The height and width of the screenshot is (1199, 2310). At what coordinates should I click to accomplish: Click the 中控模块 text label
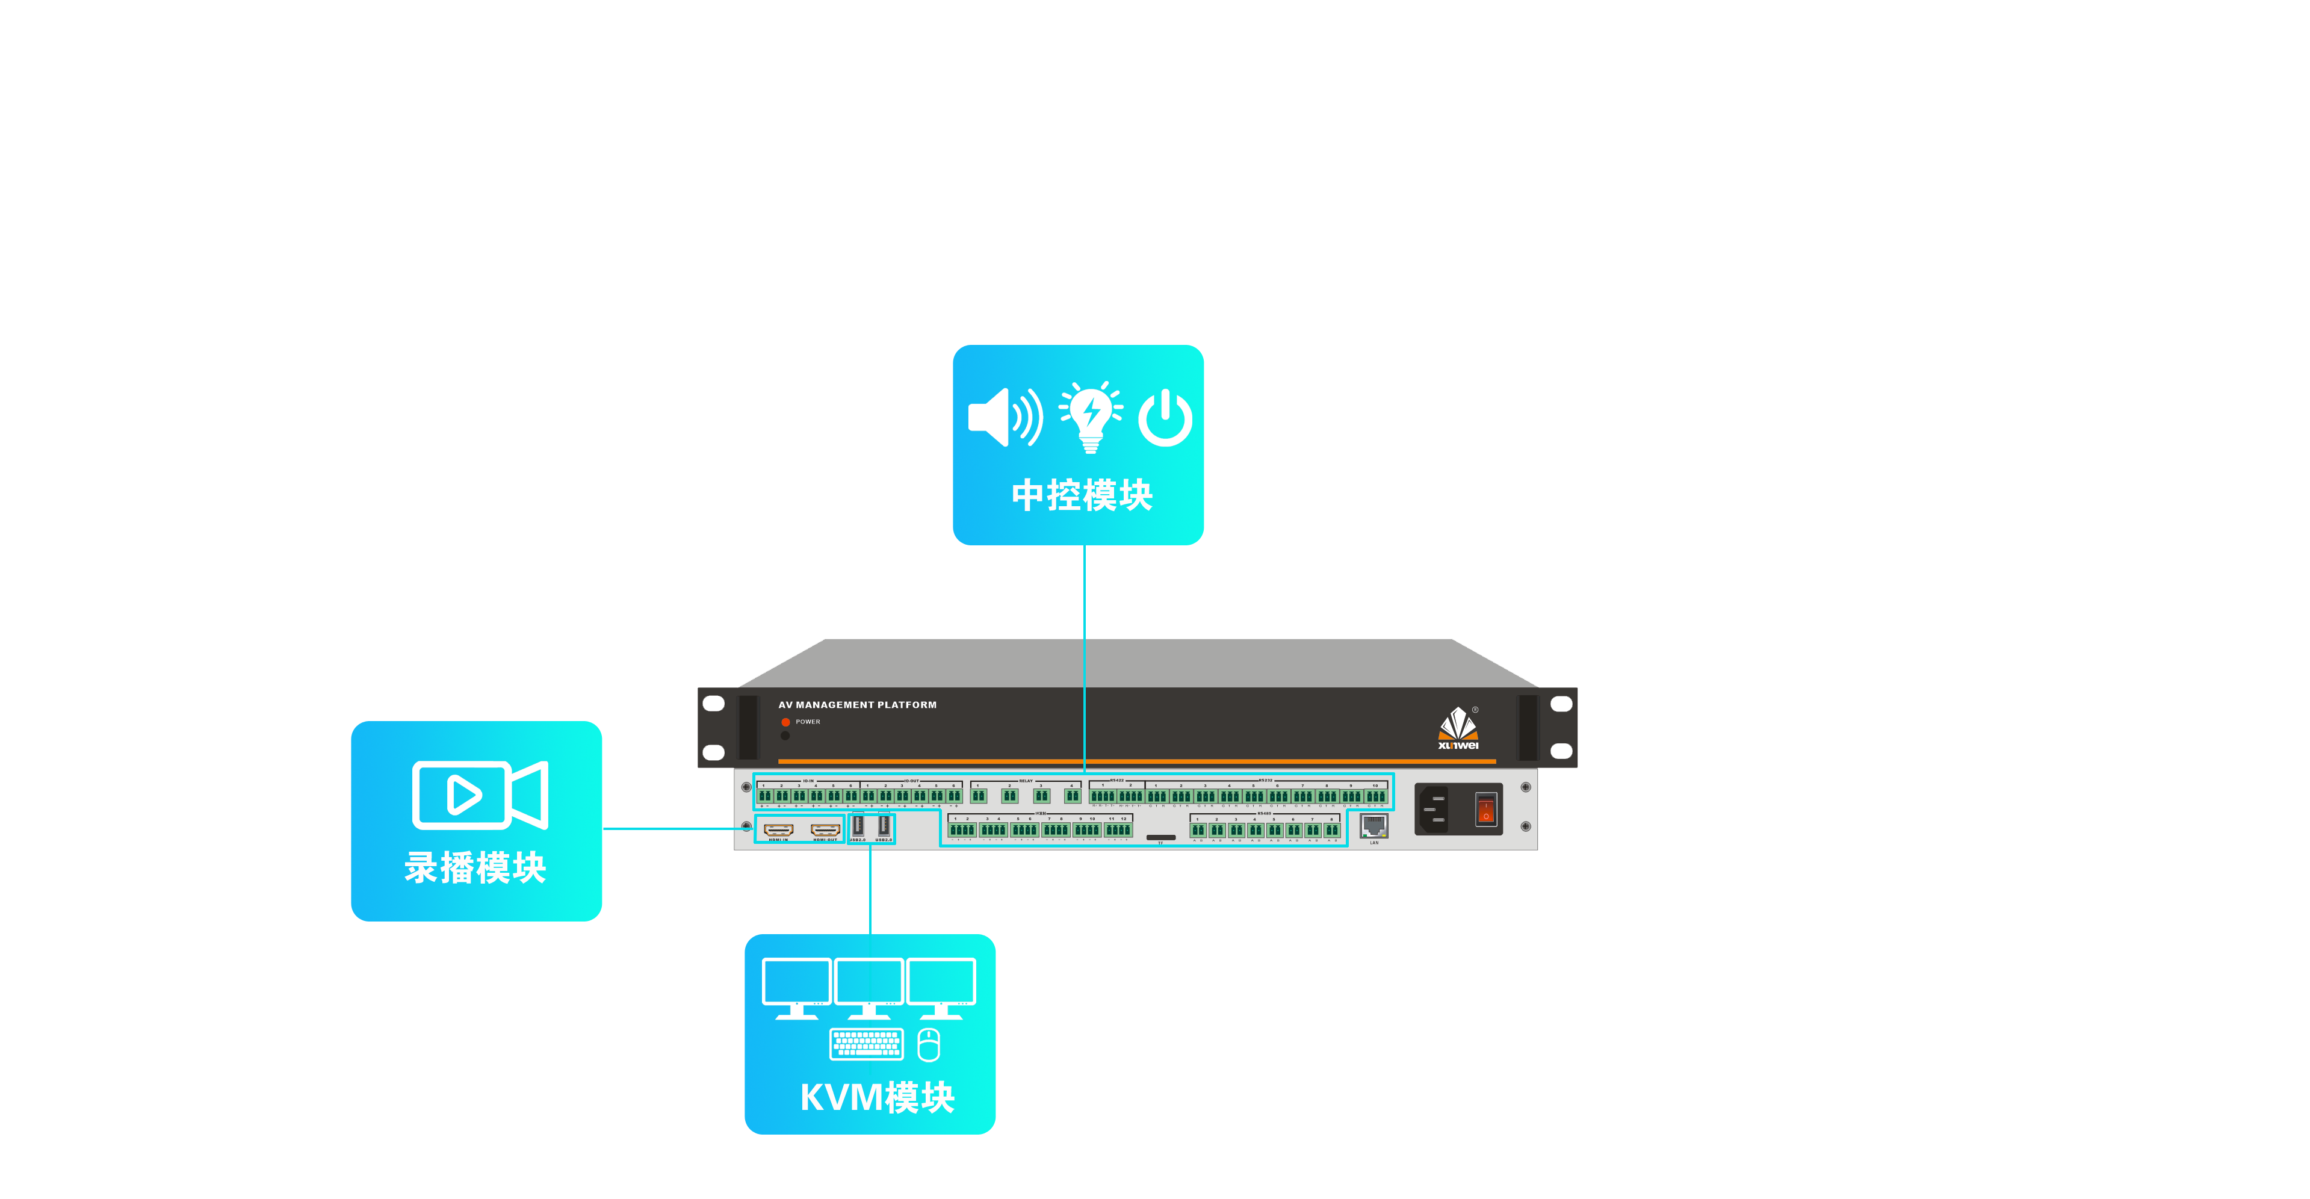(x=1082, y=495)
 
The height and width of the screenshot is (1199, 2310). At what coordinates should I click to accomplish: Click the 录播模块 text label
(x=475, y=868)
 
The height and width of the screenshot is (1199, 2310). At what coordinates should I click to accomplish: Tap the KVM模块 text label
(x=876, y=1097)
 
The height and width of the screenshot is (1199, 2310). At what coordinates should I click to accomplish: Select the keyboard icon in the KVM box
(x=866, y=1044)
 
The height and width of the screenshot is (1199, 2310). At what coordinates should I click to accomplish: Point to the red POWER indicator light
(x=785, y=722)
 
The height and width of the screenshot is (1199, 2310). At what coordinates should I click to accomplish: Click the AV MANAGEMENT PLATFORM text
(x=857, y=705)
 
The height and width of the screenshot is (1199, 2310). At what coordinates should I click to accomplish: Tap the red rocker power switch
(x=1486, y=809)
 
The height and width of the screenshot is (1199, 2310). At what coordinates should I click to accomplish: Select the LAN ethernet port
(x=1374, y=825)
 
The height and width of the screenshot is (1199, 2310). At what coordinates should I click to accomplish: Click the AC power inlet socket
(x=1435, y=809)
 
